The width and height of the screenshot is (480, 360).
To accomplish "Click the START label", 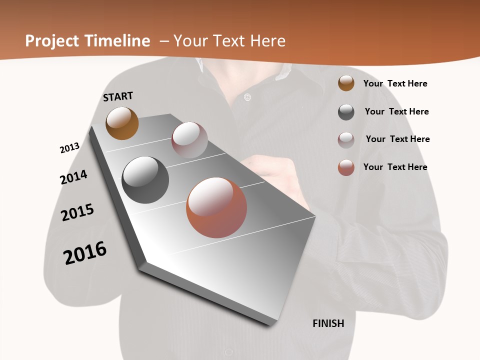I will coord(118,96).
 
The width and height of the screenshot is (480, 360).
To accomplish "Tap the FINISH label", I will coord(328,323).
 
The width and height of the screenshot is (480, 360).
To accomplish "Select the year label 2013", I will coord(69,148).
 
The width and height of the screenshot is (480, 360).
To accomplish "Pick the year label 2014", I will coord(73,177).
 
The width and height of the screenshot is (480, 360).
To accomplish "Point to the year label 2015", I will coord(77,212).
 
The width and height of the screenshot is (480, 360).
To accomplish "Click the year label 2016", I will coord(85,253).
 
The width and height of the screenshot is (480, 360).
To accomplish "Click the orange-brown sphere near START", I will coord(122,123).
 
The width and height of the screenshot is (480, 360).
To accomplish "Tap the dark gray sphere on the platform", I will coord(145,180).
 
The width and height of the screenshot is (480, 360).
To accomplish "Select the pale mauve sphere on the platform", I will coord(189,140).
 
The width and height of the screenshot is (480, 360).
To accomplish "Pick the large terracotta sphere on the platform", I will coord(216,207).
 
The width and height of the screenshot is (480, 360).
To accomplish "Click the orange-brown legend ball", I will coord(346,83).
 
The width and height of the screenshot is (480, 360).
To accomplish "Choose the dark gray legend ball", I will coord(346,112).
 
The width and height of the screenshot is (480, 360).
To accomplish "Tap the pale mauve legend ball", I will coord(346,140).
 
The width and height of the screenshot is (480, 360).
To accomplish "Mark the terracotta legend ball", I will coord(346,167).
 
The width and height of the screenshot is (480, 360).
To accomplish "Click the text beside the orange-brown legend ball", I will coord(395,83).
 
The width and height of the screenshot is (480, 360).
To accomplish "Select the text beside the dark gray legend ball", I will coord(396,111).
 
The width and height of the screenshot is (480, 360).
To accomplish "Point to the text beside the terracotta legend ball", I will coord(395,167).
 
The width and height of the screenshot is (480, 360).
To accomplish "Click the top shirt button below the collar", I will coord(246,97).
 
